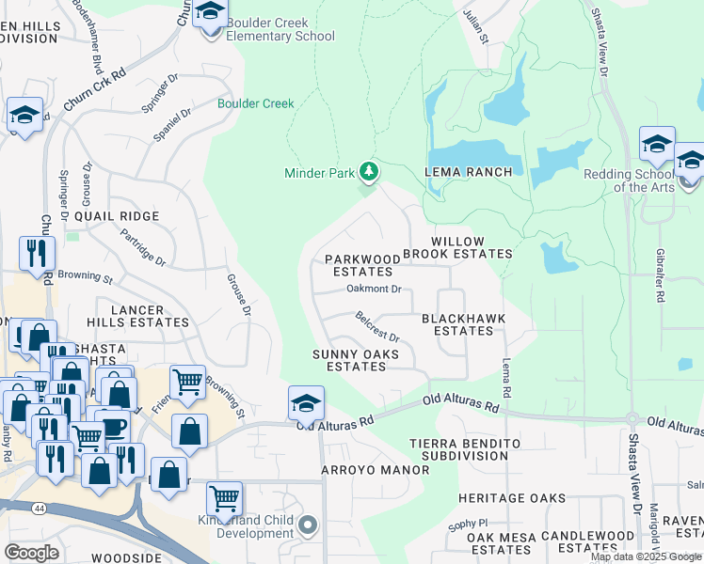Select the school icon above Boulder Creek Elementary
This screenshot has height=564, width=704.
(x=212, y=15)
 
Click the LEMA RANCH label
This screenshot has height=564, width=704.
(x=468, y=172)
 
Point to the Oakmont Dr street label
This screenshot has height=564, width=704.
(x=374, y=290)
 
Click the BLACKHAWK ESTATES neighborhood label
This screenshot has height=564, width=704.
(x=464, y=324)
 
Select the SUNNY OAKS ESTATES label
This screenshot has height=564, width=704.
(x=357, y=360)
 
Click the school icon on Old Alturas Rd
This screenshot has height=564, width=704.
(x=306, y=403)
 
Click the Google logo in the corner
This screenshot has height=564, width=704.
(x=31, y=552)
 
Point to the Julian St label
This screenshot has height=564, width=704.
(x=478, y=25)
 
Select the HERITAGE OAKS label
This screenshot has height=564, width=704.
(x=512, y=498)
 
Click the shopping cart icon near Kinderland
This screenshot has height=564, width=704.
(x=224, y=498)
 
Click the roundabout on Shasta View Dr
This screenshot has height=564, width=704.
(x=632, y=419)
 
